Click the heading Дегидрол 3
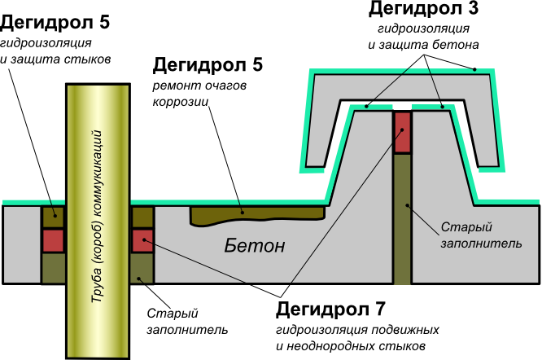(x=423, y=9)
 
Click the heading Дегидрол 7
(x=330, y=310)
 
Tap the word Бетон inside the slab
(x=255, y=246)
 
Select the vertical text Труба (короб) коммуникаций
(x=97, y=217)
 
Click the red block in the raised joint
(x=402, y=132)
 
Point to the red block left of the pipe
(x=53, y=241)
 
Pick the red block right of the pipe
(x=142, y=241)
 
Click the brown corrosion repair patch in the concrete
(x=257, y=216)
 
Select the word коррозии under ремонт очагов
(x=181, y=102)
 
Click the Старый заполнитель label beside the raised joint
(x=481, y=235)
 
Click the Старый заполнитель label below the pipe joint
(x=187, y=322)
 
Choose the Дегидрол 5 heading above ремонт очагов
(x=208, y=64)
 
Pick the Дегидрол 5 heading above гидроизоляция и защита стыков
(x=55, y=23)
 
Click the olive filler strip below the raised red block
(x=402, y=218)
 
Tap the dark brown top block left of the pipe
(x=53, y=217)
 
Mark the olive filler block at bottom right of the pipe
(x=142, y=269)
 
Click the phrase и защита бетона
(x=423, y=45)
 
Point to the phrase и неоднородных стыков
(x=351, y=346)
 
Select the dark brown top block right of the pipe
(x=142, y=217)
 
